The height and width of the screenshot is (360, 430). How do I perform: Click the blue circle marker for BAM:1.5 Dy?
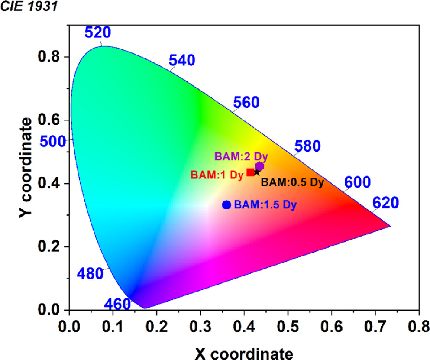(226, 205)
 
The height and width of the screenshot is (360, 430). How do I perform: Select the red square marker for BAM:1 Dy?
(251, 172)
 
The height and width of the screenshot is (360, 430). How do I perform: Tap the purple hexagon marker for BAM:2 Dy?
(259, 166)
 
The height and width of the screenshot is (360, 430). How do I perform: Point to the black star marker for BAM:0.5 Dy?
(257, 172)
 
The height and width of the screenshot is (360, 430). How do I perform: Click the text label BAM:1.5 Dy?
(265, 205)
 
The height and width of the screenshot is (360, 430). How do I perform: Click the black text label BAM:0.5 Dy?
(292, 182)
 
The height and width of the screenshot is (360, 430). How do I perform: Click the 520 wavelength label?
(97, 32)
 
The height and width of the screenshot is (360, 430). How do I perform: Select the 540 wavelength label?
(183, 61)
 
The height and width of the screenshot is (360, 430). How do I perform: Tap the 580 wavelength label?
(307, 146)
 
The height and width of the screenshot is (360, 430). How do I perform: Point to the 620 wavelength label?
(385, 203)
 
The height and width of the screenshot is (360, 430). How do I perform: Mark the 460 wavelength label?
(117, 304)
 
